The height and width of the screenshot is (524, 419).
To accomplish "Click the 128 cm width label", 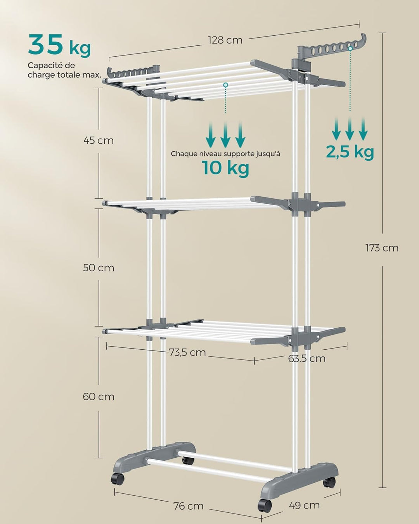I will click(225, 40).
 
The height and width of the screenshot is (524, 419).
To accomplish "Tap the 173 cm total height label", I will click(382, 248).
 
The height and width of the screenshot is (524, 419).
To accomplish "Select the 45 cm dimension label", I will click(99, 140).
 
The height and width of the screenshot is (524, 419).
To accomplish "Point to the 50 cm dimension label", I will click(99, 267).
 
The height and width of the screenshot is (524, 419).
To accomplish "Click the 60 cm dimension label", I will click(99, 396).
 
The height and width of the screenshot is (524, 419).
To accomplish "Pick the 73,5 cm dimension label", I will click(187, 352).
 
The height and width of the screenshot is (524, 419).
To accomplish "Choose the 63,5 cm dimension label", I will click(306, 358).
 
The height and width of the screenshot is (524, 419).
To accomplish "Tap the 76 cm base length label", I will click(188, 506).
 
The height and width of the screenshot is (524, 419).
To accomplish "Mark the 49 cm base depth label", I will click(304, 505).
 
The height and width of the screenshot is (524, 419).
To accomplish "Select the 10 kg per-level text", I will click(225, 168).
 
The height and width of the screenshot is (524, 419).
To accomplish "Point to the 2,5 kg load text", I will click(350, 151).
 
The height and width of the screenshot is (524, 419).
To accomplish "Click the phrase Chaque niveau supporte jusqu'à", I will click(225, 154).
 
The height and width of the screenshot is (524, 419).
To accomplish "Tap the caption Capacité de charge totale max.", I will click(64, 70).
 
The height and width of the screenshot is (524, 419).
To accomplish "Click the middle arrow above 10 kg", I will click(225, 134).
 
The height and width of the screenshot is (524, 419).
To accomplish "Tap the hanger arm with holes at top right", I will click(334, 48).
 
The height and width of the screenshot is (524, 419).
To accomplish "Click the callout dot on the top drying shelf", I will click(225, 84).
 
